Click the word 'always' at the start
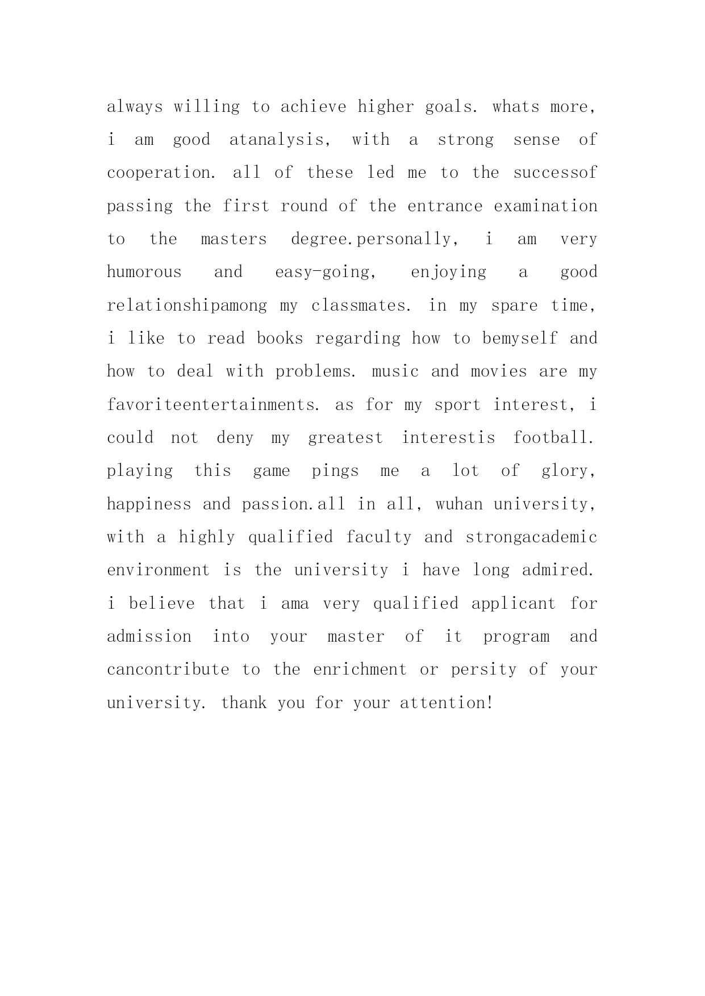click(x=135, y=107)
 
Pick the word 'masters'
click(x=233, y=239)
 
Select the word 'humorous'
click(x=144, y=272)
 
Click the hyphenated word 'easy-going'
click(x=322, y=272)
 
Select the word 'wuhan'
click(x=459, y=504)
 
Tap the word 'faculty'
click(x=379, y=537)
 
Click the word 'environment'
click(x=158, y=570)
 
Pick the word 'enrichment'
click(x=360, y=669)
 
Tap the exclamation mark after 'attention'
click(x=489, y=703)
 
